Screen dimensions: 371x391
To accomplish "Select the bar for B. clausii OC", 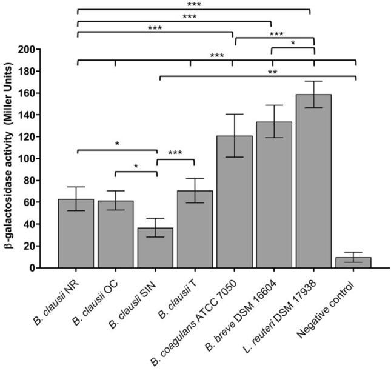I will coord(115,234).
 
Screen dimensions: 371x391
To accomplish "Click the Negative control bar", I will coord(354,262).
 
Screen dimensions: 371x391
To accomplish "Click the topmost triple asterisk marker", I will coord(195,5).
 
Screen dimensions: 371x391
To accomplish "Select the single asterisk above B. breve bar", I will coord(293,44).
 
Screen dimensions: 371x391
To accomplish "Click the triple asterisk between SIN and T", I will coord(175,154).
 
